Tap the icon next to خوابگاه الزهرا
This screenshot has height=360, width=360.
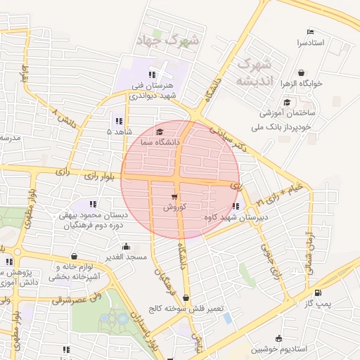coord(302,72)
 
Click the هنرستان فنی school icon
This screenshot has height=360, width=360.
coord(152,75)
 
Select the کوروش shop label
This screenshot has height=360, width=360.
coord(174,207)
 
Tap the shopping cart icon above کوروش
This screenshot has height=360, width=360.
coord(174,197)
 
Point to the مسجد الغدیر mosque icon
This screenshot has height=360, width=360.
coord(126,246)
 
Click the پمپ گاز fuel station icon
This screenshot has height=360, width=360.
coord(319,293)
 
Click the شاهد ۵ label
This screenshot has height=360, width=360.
coord(119,131)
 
